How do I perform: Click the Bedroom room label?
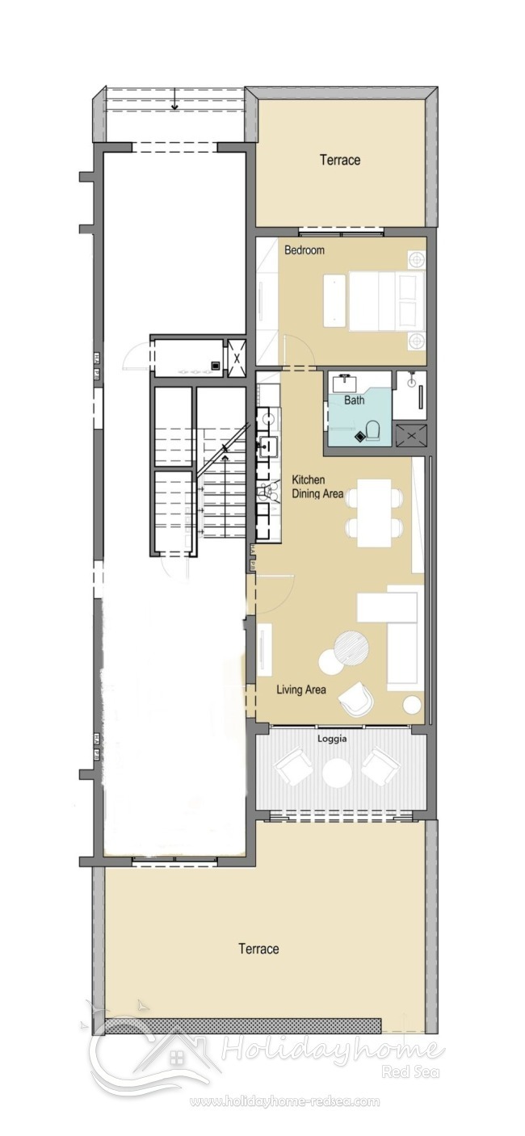pyautogui.click(x=304, y=250)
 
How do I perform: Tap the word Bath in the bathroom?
pyautogui.click(x=354, y=400)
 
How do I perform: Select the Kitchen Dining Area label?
pyautogui.click(x=317, y=487)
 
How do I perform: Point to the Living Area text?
pyautogui.click(x=301, y=690)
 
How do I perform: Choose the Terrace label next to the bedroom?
pyautogui.click(x=340, y=160)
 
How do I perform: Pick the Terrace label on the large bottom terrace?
pyautogui.click(x=258, y=949)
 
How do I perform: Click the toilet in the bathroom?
pyautogui.click(x=373, y=430)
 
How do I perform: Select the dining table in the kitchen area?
pyautogui.click(x=374, y=513)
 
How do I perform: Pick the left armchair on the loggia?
pyautogui.click(x=294, y=767)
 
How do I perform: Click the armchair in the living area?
pyautogui.click(x=355, y=698)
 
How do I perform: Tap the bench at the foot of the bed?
pyautogui.click(x=334, y=300)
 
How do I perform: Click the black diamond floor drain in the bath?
pyautogui.click(x=359, y=436)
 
